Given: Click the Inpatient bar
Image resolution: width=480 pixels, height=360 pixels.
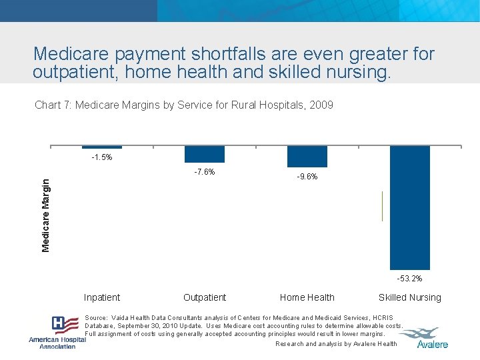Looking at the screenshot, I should [102, 147].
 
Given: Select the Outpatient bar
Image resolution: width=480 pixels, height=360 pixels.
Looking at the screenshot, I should [205, 154].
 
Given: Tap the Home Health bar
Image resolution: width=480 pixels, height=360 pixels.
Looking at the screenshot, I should [307, 156].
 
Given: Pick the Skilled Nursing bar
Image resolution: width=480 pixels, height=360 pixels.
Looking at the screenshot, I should [410, 207].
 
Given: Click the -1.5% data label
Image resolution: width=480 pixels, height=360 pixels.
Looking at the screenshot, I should [102, 158].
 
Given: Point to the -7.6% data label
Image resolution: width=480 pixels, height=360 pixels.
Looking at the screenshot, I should [204, 172].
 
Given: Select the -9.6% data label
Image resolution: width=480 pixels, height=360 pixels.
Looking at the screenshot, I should [307, 177].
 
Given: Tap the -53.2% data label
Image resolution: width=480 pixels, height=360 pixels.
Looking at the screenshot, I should [409, 279].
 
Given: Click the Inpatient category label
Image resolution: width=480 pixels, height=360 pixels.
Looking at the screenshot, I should [102, 297].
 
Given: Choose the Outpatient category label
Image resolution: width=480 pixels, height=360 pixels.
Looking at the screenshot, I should [205, 297].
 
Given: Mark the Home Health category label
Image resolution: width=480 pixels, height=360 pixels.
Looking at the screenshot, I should [307, 297].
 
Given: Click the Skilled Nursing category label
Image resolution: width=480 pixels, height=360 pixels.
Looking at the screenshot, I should [410, 297].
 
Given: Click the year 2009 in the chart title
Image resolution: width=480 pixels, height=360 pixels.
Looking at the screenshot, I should [322, 105].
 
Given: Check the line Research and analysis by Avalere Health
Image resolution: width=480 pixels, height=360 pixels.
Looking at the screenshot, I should [336, 344].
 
